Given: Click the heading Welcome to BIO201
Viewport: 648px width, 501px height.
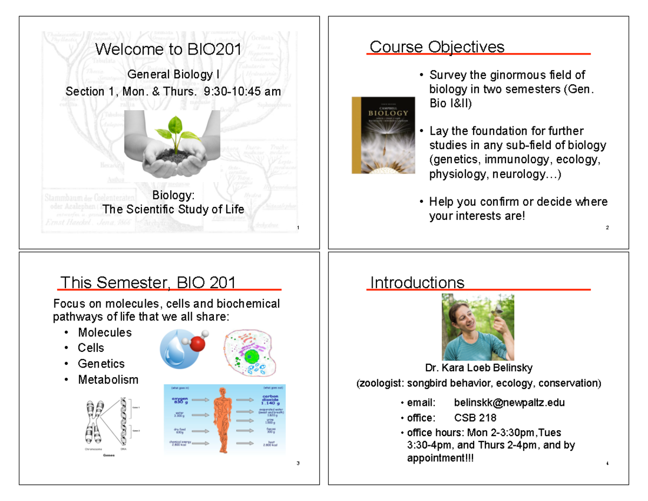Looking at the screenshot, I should tap(168, 49).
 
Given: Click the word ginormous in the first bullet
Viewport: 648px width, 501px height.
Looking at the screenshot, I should tap(490, 75).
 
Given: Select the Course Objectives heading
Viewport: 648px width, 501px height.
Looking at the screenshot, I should tap(437, 47).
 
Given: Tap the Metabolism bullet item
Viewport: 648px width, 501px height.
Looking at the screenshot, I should tap(108, 379).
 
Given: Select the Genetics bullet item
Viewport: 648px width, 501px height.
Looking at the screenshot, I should tap(101, 364).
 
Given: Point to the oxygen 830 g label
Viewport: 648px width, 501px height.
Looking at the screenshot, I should tap(180, 400).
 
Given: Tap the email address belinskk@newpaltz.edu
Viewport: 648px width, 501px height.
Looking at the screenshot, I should tap(509, 403).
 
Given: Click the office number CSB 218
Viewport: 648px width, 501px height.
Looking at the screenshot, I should tap(475, 418).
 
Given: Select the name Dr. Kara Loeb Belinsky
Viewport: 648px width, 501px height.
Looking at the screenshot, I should tap(478, 368).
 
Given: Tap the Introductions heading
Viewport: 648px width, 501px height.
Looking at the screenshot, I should tap(417, 283).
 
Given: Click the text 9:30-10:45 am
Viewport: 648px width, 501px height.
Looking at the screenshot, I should tap(242, 91).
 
